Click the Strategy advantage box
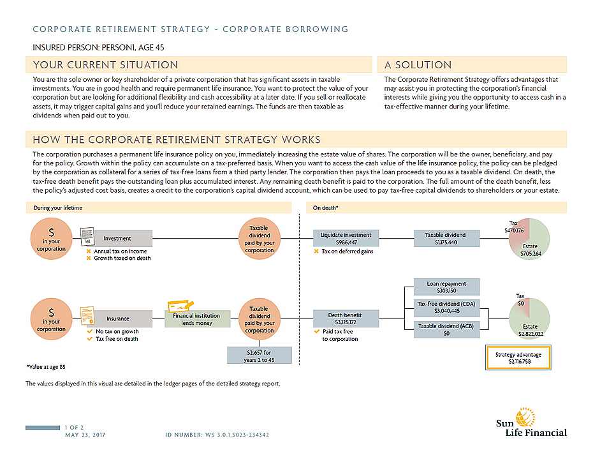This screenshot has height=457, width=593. [x=519, y=357]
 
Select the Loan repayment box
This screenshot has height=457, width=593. [x=446, y=287]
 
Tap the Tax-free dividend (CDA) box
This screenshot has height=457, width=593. [x=446, y=307]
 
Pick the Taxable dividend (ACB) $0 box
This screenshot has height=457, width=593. [x=446, y=329]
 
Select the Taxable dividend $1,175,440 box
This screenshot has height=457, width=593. [x=445, y=238]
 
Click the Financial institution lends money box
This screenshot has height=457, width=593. [x=196, y=318]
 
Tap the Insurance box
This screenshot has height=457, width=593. [x=118, y=318]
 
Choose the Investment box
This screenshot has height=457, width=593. [x=118, y=239]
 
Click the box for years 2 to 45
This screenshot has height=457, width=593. [x=260, y=356]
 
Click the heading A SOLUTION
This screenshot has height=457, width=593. [x=418, y=65]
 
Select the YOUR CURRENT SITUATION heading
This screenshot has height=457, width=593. [x=106, y=65]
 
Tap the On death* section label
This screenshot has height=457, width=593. [x=325, y=208]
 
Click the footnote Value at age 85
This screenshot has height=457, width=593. [x=46, y=367]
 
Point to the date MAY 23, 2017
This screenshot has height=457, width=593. [x=85, y=435]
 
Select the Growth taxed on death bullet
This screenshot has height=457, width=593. [x=122, y=258]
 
